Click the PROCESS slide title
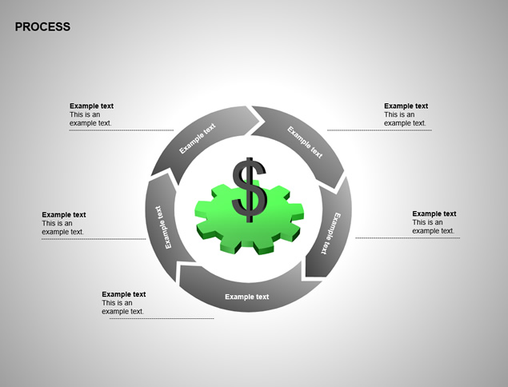point(42,26)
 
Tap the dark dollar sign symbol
point(249,190)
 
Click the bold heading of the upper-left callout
point(91,106)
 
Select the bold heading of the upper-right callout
point(406,106)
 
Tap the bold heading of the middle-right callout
point(434,213)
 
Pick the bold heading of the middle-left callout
point(64,215)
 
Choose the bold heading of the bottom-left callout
point(124,294)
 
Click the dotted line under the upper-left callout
point(122,130)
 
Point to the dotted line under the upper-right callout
point(379,130)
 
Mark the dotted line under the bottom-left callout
point(162,319)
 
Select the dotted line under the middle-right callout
point(407,238)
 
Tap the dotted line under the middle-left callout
point(94,239)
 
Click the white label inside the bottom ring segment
point(247,297)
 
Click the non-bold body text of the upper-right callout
point(405,119)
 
